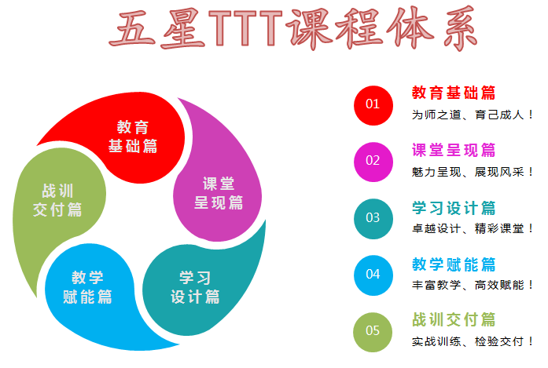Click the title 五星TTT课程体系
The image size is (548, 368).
[x=293, y=28]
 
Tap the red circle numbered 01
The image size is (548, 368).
[x=373, y=105]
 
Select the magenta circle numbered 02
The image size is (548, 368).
[x=373, y=162]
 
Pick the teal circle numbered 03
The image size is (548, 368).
[x=373, y=219]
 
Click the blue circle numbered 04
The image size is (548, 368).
[x=373, y=275]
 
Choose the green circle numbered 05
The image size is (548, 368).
[x=373, y=332]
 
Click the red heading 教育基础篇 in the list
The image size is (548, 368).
[x=454, y=93]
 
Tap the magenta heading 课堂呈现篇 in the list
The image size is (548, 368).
[x=454, y=150]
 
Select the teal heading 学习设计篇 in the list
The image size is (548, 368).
[x=454, y=208]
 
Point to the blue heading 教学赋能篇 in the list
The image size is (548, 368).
[x=454, y=264]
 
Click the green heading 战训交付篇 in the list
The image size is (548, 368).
[x=454, y=319]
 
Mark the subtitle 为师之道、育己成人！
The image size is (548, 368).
[x=473, y=115]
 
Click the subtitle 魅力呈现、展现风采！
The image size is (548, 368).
[x=473, y=172]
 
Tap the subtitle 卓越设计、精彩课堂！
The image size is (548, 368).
[x=473, y=228]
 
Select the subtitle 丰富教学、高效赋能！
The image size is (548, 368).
[x=473, y=285]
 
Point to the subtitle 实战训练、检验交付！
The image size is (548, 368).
[x=473, y=341]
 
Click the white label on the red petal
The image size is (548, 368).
[x=133, y=137]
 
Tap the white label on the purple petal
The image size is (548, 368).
[x=219, y=193]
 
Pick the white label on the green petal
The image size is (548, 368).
[x=57, y=200]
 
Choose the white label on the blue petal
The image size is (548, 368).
[x=87, y=287]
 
